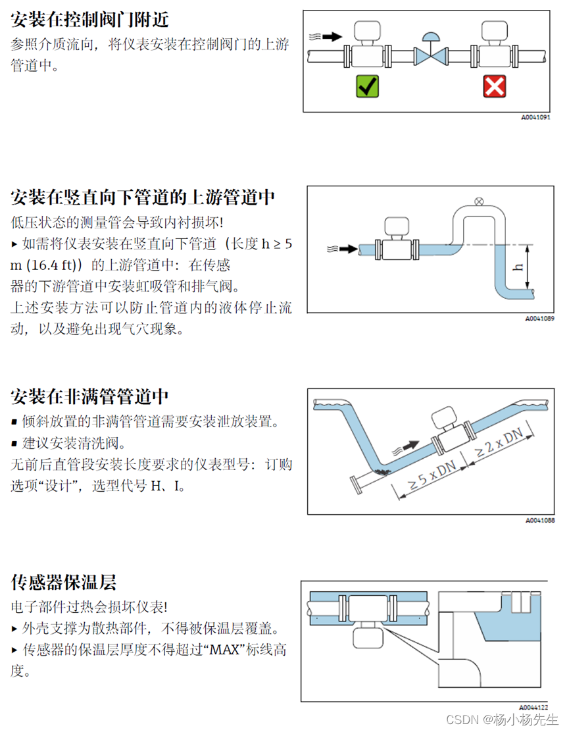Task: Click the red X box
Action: pos(494,86)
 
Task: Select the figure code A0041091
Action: pos(535,118)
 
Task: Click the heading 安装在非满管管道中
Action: pos(90,396)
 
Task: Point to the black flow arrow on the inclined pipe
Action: pos(409,446)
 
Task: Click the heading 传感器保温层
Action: pos(64,582)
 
